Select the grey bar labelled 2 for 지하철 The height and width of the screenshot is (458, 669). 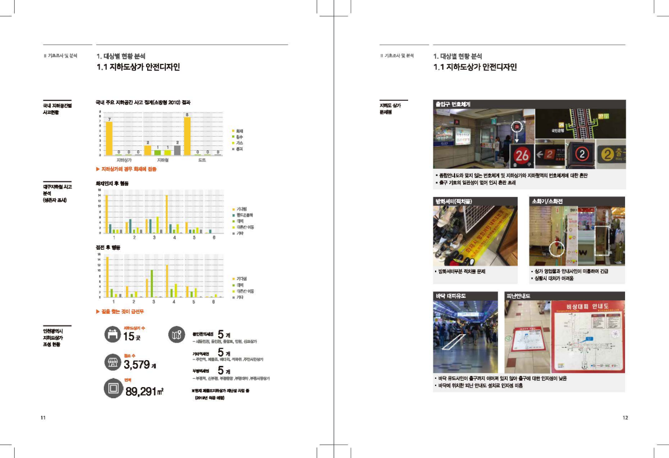click(177, 150)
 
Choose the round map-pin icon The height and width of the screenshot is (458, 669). click(177, 334)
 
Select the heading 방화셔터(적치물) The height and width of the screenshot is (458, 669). click(454, 201)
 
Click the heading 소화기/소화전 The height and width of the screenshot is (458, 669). click(547, 201)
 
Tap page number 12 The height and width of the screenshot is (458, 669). click(625, 418)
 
